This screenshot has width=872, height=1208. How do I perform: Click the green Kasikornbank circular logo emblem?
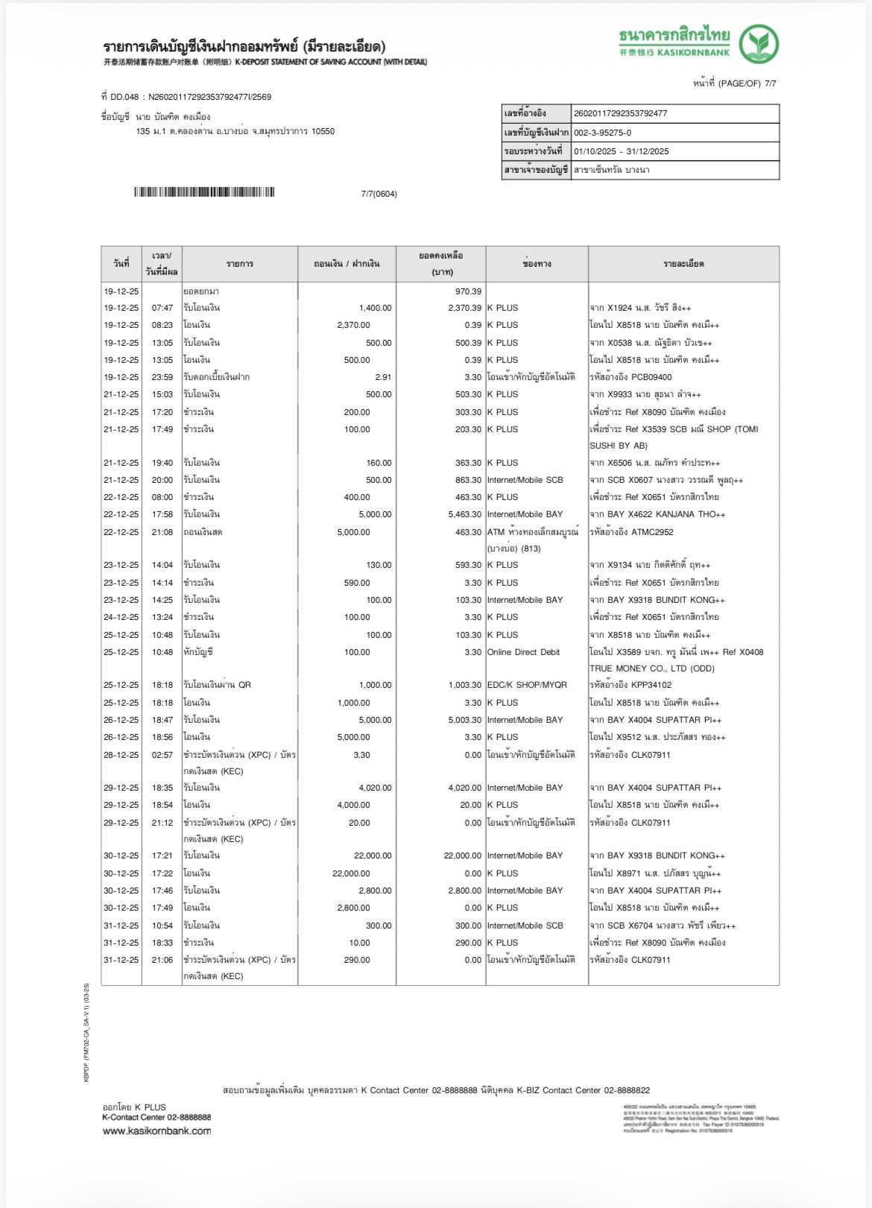759,44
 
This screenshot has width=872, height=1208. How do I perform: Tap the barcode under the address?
204,192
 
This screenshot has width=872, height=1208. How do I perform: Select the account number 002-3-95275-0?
602,133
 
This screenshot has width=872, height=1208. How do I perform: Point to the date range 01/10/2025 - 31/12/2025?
621,151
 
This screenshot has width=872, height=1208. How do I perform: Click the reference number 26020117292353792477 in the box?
620,113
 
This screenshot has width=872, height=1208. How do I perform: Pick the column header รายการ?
240,264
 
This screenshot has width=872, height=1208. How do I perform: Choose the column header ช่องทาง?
537,264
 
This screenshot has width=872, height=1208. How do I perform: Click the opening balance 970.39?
468,291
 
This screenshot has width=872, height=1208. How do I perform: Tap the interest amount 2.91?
383,377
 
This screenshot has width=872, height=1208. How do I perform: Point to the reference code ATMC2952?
652,532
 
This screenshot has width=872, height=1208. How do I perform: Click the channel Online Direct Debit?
523,652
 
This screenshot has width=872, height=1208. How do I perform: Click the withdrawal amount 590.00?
357,583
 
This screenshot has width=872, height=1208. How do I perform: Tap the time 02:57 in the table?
162,755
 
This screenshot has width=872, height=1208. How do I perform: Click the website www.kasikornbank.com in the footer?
157,1130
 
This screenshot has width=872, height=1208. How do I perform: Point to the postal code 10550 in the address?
323,131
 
